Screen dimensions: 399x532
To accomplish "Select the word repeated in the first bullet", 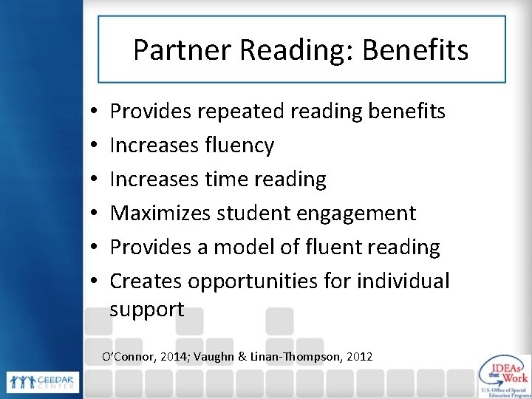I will [x=239, y=112].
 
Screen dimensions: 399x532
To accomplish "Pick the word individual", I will [x=403, y=281].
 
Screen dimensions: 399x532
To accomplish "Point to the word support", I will [x=147, y=310].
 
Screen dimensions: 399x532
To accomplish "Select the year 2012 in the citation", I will [x=358, y=357].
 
